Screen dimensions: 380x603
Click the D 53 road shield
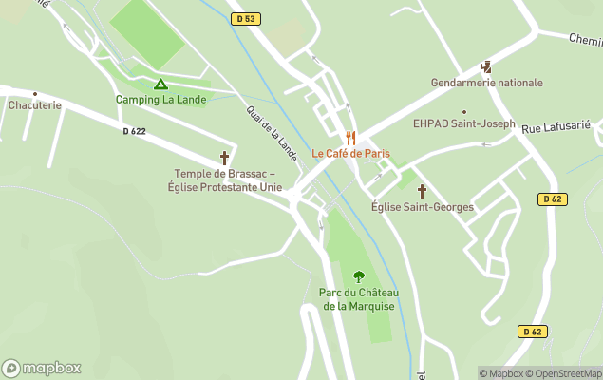pos(245,19)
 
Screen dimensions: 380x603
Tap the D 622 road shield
pos(135,131)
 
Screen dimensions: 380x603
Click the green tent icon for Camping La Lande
pos(160,85)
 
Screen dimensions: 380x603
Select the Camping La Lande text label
pos(160,100)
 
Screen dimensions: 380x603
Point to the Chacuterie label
pos(35,105)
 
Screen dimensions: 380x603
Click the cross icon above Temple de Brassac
pos(225,158)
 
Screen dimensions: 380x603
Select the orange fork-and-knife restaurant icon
pos(350,138)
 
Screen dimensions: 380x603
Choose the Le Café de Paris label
pos(350,154)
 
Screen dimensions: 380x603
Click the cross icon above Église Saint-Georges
pos(422,191)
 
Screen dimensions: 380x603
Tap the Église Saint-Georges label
pos(422,207)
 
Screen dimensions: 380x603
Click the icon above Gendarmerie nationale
pos(486,67)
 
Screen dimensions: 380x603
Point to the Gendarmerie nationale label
pos(486,83)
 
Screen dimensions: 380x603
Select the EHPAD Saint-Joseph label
pos(464,123)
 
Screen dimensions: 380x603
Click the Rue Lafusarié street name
pos(557,126)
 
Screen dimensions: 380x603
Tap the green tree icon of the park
pos(359,276)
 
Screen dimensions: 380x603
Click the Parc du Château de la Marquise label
pos(359,298)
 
